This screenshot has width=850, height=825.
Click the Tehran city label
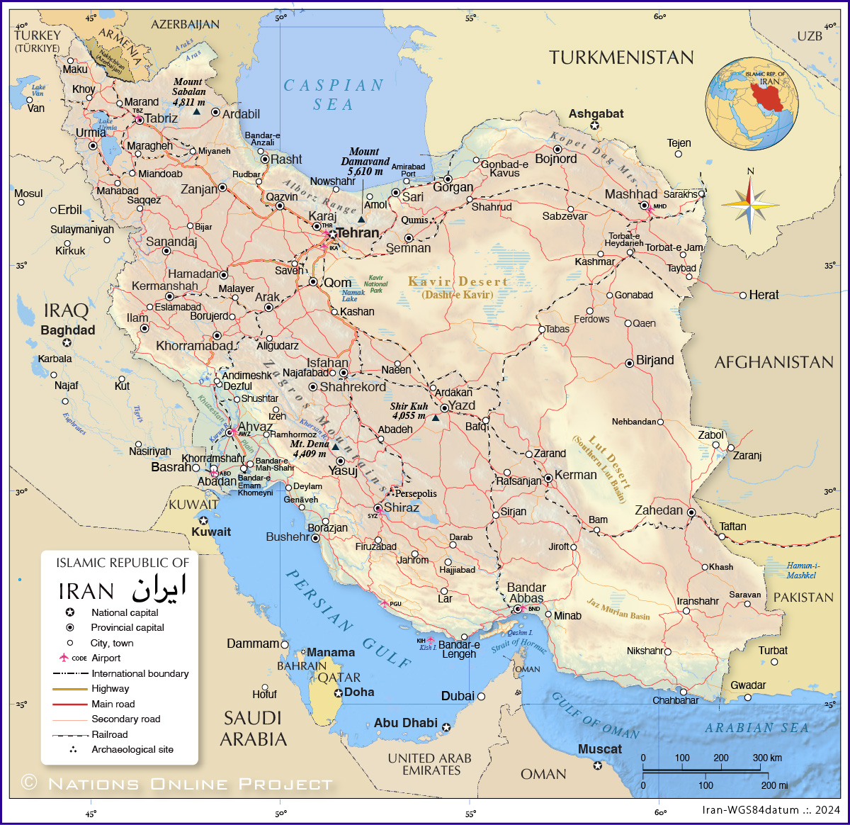(358, 232)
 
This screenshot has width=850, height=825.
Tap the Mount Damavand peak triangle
(361, 219)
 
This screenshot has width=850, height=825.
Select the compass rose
(751, 205)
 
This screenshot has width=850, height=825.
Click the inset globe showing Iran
(752, 103)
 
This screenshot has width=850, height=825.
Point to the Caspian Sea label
(333, 95)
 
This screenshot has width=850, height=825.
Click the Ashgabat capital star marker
(595, 125)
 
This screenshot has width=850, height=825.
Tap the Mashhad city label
(630, 194)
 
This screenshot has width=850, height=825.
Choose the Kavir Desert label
(458, 282)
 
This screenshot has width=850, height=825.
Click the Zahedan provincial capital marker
(691, 512)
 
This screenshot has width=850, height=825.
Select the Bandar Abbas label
(526, 593)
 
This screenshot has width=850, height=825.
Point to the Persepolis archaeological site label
(416, 493)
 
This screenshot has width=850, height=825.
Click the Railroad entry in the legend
(110, 734)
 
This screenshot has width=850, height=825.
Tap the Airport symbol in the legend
(64, 658)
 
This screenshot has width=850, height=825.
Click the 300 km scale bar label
(767, 758)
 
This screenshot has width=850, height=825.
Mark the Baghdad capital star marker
(67, 342)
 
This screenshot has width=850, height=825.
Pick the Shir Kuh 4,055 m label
(409, 411)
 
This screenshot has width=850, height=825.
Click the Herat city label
(764, 295)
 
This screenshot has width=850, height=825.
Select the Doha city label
(358, 692)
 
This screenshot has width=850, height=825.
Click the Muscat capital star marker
(598, 765)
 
